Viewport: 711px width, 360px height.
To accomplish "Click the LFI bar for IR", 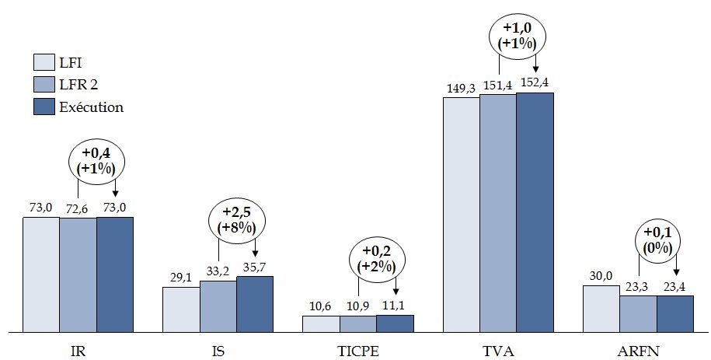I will pos(41,274).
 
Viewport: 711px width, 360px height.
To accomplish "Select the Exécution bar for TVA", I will pos(535,212).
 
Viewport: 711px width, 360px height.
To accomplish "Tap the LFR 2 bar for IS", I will pos(218,306).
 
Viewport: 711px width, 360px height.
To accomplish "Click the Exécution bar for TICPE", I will pos(395,323).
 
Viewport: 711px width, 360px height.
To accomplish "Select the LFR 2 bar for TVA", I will pos(498,213).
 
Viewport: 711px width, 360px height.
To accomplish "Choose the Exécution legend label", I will pos(91,107).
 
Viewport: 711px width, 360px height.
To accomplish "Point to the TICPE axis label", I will pos(358,351).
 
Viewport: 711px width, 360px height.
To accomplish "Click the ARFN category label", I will pos(638,351).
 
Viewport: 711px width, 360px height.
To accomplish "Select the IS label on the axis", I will pos(218,351).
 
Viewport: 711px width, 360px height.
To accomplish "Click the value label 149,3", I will pos(461,88).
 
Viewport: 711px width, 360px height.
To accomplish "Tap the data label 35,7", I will pos(255,267).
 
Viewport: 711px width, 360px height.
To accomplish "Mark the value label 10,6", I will pos(321,306).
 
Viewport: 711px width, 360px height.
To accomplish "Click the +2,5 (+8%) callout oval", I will pos(237,220).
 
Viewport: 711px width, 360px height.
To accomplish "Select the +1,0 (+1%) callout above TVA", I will pos(517,36).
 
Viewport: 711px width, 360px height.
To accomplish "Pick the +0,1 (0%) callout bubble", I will pos(657,239).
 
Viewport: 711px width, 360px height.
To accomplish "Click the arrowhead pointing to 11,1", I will pos(396,293).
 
